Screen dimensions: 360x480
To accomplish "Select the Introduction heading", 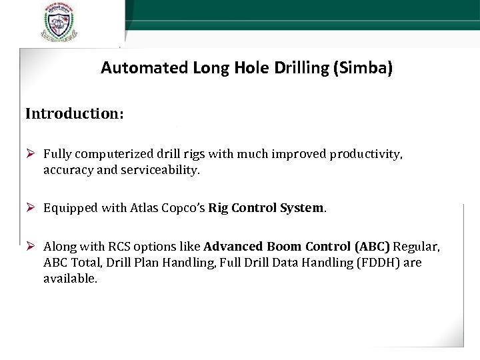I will [x=74, y=113].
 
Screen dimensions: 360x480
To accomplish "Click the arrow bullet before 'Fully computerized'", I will [x=31, y=155].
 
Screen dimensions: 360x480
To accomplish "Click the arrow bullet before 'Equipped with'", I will [x=31, y=207].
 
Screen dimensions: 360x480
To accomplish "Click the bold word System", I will [x=299, y=208].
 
